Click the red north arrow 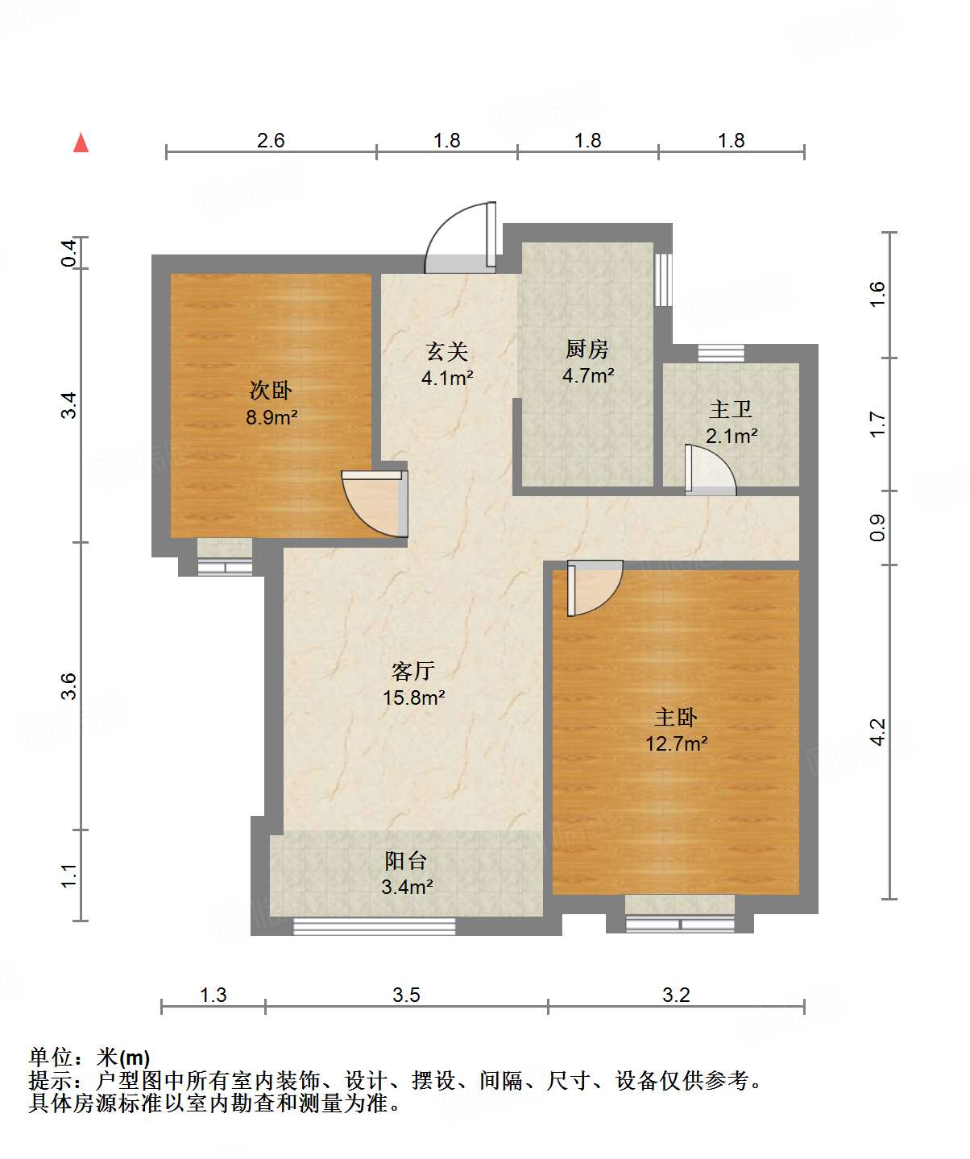point(81,143)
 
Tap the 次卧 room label point(271,390)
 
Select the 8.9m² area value point(272,416)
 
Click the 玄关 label point(447,351)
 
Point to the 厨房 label point(587,349)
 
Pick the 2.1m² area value point(732,436)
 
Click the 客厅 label point(412,671)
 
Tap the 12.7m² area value point(676,743)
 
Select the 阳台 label point(406,861)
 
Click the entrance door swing point(460,238)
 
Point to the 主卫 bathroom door point(711,470)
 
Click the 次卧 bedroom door point(375,503)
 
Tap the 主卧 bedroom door point(595,588)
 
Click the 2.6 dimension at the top point(271,140)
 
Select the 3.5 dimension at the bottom point(406,995)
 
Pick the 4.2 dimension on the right point(878,731)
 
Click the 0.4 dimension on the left point(68,253)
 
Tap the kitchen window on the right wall point(663,279)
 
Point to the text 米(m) point(122,1058)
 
